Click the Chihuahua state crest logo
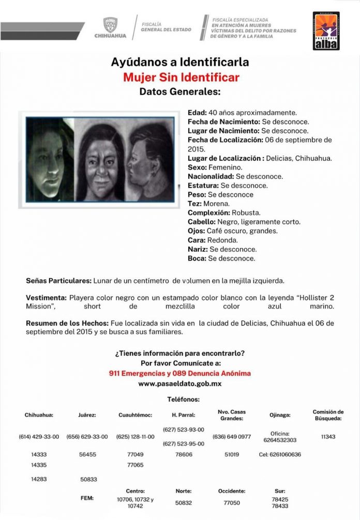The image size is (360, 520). [x=110, y=27]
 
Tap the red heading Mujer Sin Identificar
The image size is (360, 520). [x=181, y=78]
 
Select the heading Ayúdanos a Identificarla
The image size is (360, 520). [x=179, y=62]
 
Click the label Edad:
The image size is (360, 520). [x=197, y=112]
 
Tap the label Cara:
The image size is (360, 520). [x=197, y=240]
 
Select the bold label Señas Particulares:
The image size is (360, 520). [x=58, y=281]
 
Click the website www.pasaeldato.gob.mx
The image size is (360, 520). [x=179, y=384]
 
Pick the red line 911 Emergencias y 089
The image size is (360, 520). [x=179, y=373]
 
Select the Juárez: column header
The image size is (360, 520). [x=87, y=415]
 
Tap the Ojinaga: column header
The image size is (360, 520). [x=280, y=415]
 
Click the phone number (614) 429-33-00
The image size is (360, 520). [x=39, y=437]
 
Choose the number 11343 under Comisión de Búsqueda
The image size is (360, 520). [x=328, y=437]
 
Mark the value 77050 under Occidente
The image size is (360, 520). [x=231, y=502]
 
